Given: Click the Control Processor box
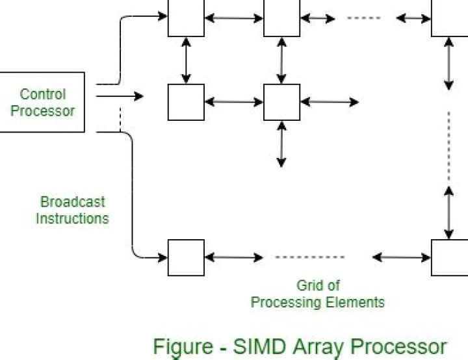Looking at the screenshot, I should (42, 102).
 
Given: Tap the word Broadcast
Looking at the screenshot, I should (72, 201).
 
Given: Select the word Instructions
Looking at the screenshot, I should (72, 218).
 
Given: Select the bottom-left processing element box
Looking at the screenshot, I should (186, 258).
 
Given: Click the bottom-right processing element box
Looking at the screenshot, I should (450, 258).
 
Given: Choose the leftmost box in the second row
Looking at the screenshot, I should (186, 102).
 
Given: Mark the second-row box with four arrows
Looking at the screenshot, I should (281, 102).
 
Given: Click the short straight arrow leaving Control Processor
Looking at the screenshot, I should (120, 97).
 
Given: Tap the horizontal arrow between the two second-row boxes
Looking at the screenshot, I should (233, 102).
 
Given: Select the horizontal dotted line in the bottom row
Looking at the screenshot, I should (309, 257).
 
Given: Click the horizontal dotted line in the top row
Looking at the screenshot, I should (364, 18).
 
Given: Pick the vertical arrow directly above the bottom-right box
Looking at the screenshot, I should (449, 212).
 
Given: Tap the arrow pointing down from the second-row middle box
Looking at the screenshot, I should (281, 144).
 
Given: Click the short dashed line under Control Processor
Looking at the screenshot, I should (120, 120).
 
